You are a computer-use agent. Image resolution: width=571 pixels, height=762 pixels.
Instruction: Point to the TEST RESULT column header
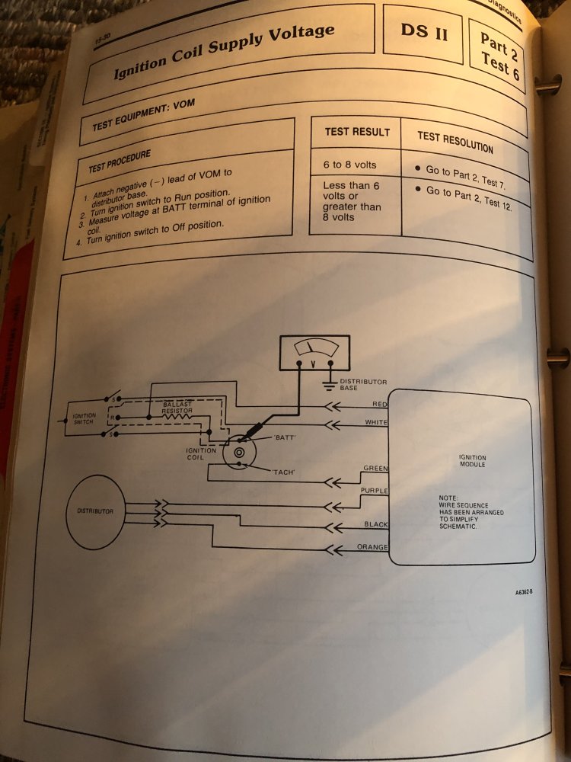click(357, 132)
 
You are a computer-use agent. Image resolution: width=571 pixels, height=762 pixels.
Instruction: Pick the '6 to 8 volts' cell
click(349, 165)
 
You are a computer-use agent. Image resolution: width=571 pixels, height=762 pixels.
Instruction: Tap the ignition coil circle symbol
click(239, 451)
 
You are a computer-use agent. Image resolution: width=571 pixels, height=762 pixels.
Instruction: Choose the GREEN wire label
click(375, 469)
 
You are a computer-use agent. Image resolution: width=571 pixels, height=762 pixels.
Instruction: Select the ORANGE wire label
click(372, 547)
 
